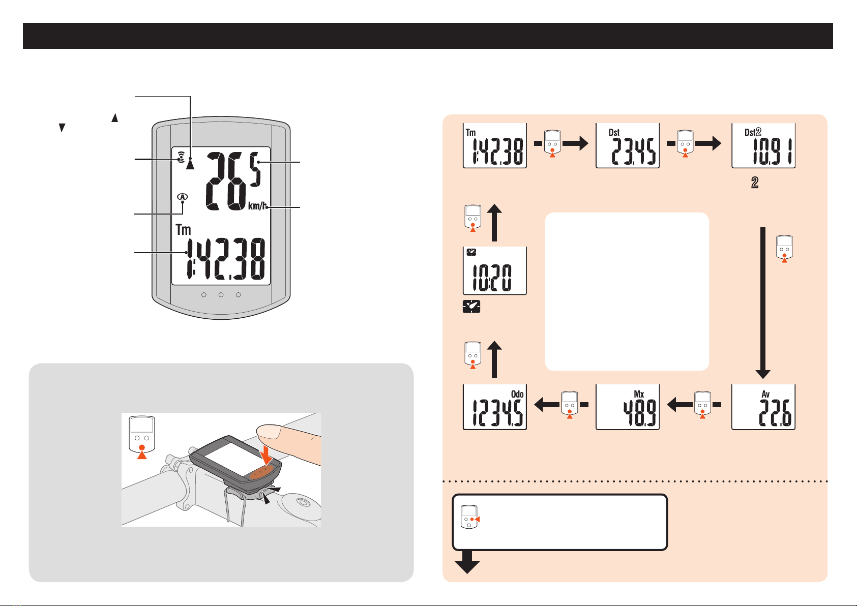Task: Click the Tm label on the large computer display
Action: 183,229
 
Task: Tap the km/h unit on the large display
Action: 257,206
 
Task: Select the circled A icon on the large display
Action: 183,197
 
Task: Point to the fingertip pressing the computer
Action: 270,432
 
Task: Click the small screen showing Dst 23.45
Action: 628,146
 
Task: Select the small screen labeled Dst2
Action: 763,146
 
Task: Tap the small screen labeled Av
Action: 763,407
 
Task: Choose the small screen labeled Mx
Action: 628,407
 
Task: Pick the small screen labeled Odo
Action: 495,407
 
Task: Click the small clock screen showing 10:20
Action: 495,270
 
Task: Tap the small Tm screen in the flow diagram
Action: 495,146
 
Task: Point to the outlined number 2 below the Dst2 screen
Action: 755,183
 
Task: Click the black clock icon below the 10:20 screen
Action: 471,307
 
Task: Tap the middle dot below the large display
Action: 221,295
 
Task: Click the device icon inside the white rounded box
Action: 470,517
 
